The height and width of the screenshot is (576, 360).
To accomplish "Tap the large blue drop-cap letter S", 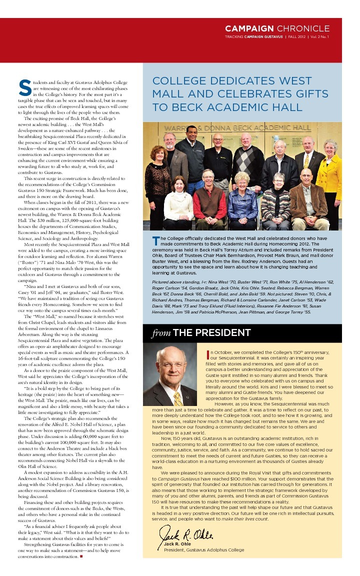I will [x=22, y=87].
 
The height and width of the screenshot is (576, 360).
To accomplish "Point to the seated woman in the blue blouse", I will [x=242, y=197].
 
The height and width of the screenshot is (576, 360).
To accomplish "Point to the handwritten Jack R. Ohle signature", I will [x=187, y=534].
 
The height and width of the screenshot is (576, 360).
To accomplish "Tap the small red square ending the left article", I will [x=80, y=556].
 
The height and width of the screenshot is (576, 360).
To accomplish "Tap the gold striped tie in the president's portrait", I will [x=177, y=398].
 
